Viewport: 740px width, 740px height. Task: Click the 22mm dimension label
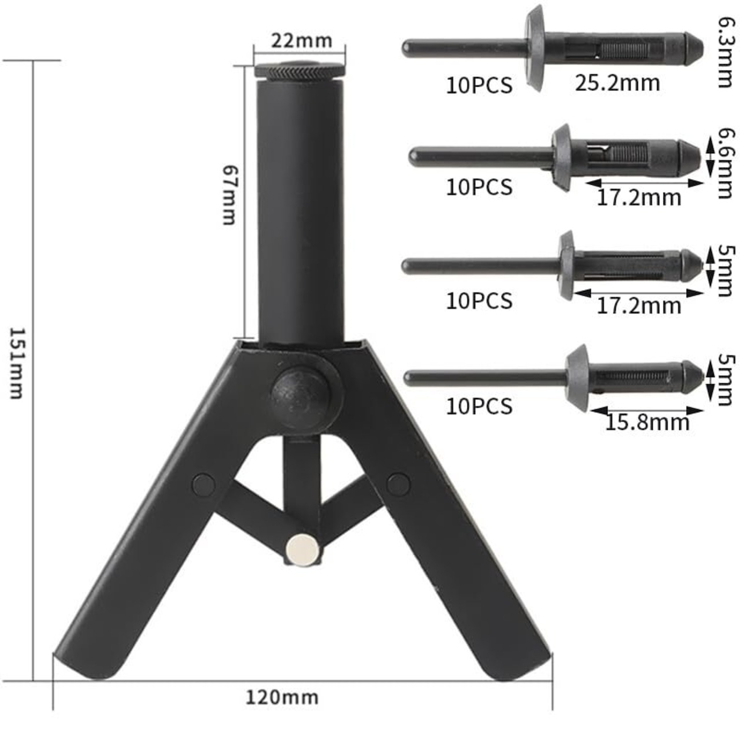[301, 40]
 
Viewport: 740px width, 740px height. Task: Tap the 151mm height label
[17, 363]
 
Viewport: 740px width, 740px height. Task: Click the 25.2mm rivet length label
[617, 83]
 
